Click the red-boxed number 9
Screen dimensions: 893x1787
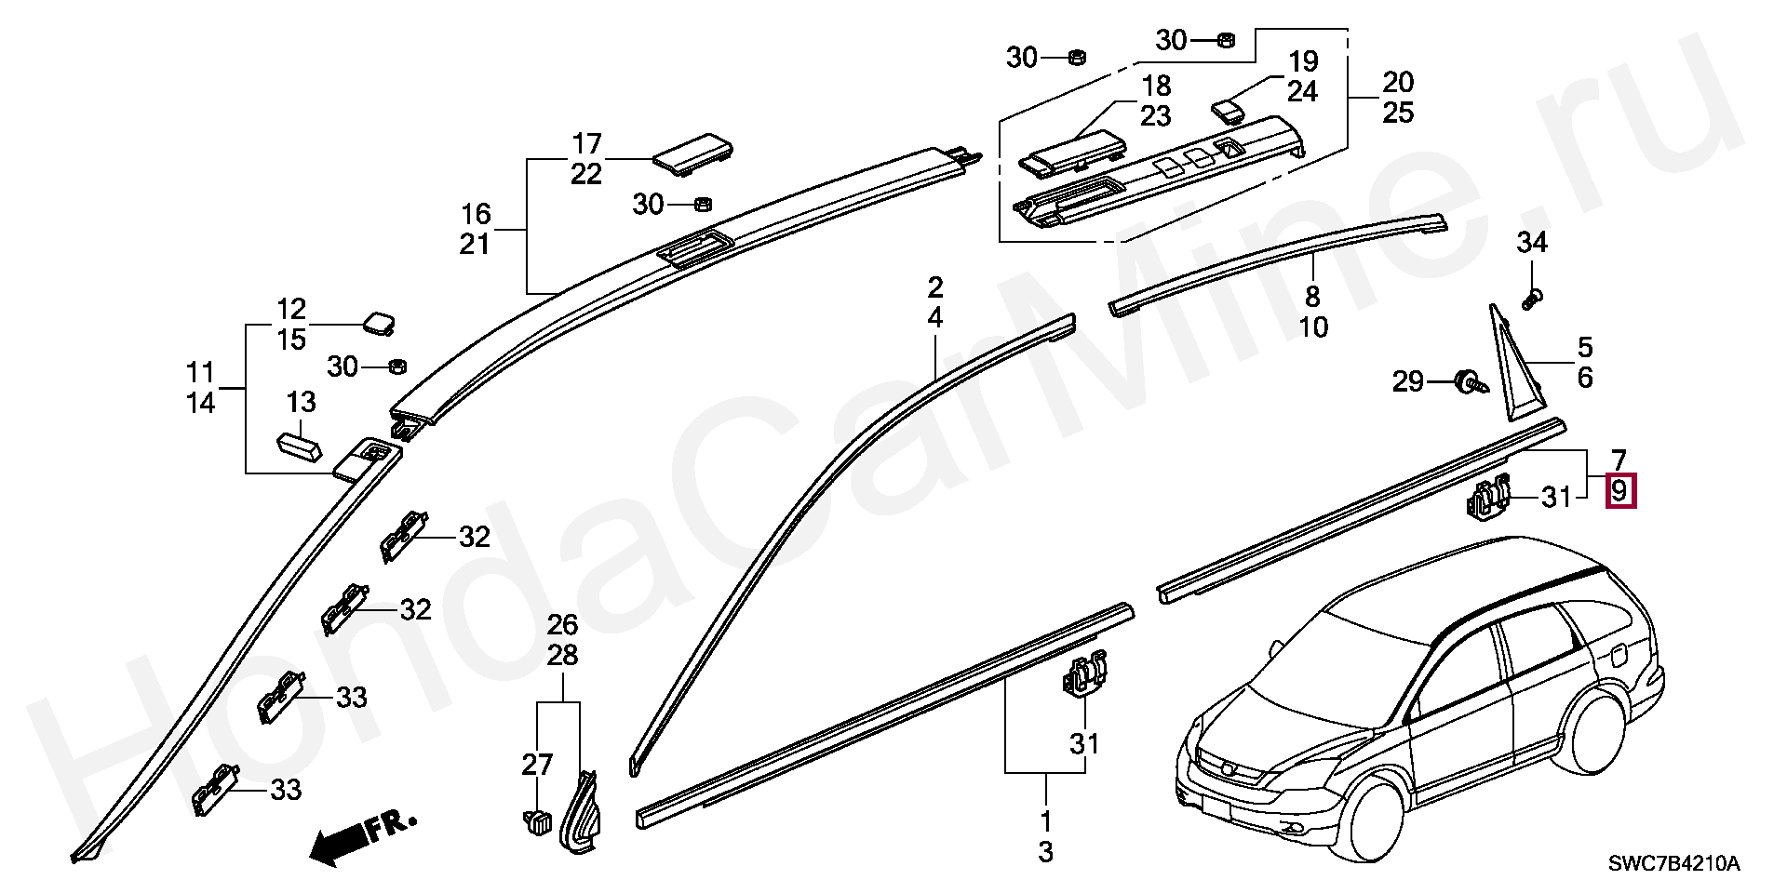(1619, 490)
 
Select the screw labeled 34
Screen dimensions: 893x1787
(1532, 300)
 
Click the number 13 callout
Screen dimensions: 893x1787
(301, 403)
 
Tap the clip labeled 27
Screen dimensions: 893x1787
(536, 822)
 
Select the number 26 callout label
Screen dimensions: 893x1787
(562, 624)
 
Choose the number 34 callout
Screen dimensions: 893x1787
(1532, 243)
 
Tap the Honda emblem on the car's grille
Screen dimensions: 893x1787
(1229, 768)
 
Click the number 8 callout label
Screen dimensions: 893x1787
(1312, 297)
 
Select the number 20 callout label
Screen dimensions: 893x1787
(1398, 83)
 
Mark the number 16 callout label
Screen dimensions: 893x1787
(476, 214)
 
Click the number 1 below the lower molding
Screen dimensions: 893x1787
(1046, 821)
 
